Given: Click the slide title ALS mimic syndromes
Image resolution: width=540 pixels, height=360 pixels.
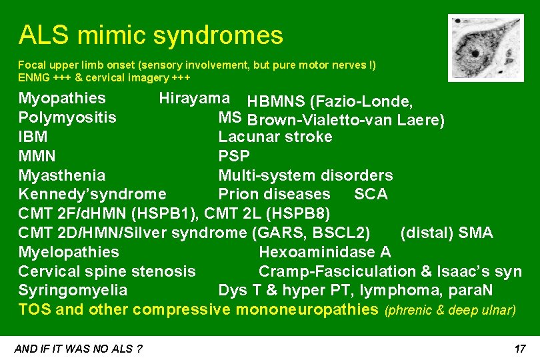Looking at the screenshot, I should pos(151,35).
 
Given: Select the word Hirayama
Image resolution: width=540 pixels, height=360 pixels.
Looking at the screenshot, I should pos(194,99).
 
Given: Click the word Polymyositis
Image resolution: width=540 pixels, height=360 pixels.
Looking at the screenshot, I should pos(67,118).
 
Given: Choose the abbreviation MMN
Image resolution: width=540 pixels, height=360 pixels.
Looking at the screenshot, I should pos(37,157).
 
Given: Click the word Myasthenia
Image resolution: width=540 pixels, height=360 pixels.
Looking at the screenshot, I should pos(61,176).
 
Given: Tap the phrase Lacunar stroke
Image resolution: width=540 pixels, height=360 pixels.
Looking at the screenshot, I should pos(275,137).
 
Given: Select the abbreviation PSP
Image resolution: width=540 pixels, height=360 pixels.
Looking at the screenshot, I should pos(234,157).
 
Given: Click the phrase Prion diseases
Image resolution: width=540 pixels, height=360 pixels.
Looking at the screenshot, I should pos(274,195).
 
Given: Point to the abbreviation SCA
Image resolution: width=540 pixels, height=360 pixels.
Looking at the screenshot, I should pos(371,195).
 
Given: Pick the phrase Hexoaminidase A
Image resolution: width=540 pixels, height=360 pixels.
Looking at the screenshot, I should pos(325,253).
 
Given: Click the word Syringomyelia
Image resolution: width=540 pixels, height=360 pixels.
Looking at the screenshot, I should pos(73,291).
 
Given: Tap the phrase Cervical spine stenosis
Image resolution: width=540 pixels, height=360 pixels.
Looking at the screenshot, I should pos(107,271).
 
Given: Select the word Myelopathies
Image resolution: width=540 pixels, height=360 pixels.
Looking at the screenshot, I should pos(69,253).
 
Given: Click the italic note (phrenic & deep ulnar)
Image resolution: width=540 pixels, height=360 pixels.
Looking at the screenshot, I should pos(450,310).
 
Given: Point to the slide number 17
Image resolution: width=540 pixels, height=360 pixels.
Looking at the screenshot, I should pos(521,349).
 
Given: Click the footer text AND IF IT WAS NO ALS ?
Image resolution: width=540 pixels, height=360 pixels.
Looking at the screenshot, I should pos(78,349).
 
